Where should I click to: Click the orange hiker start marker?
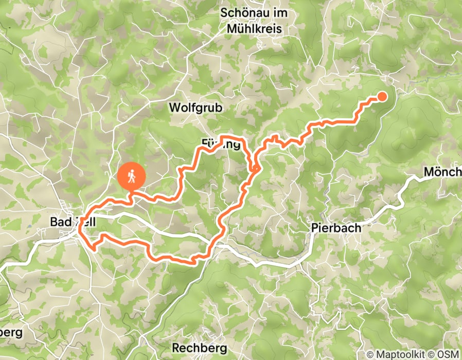[132, 177]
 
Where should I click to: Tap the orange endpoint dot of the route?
[382, 96]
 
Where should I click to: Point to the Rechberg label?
[199, 348]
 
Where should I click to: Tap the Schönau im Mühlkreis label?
[254, 21]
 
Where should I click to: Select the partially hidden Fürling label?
[221, 144]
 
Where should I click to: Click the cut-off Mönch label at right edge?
[442, 172]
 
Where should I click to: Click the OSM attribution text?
[447, 354]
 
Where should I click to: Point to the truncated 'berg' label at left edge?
[11, 332]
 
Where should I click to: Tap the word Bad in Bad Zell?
[60, 222]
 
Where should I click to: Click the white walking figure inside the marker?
[132, 176]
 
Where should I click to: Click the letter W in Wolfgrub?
[174, 107]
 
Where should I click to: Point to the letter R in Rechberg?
[175, 348]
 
